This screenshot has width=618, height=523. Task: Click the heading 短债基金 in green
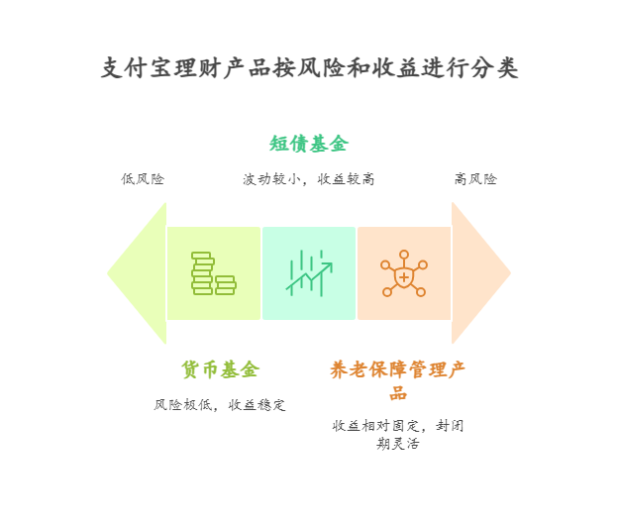point(309,144)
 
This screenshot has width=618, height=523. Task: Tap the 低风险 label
point(143,179)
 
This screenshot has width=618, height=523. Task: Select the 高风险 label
point(475,179)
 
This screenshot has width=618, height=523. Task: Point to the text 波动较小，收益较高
point(309,179)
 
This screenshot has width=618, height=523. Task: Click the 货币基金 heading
point(220,369)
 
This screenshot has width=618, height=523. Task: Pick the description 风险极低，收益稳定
point(220,405)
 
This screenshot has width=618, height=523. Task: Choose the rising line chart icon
point(309,273)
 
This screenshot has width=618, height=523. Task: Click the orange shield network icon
point(404,273)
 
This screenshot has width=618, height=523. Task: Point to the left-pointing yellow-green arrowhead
point(138,273)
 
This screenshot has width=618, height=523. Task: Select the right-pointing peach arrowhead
point(480,273)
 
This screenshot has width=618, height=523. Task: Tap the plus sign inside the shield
point(404,277)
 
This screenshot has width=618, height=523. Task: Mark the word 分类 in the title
point(495,67)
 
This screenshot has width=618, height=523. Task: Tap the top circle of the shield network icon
point(404,255)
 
